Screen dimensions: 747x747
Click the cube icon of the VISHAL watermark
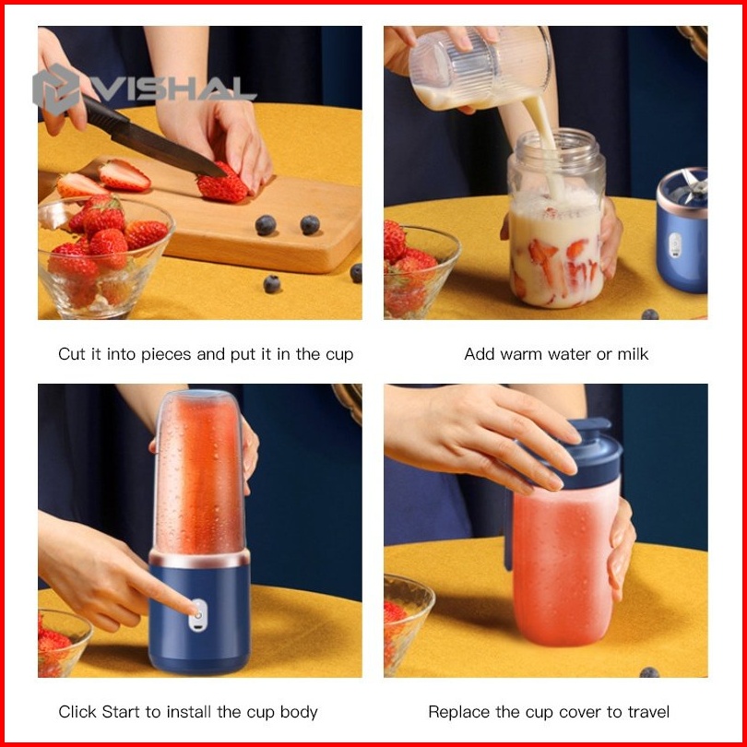tap(55, 89)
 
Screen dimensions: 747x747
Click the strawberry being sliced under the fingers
tap(222, 184)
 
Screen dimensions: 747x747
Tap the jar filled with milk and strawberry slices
tap(556, 219)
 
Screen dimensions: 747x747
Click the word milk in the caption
tap(633, 354)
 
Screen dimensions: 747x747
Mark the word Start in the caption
tap(121, 712)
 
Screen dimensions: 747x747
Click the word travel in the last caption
tap(649, 712)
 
